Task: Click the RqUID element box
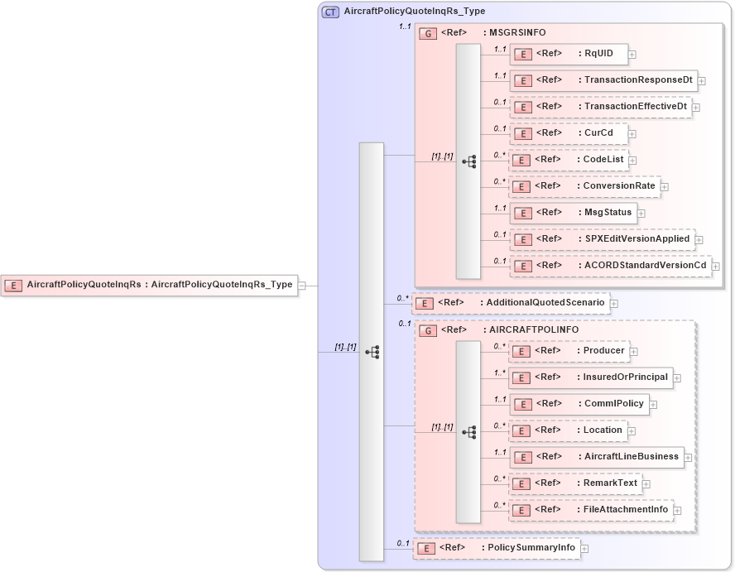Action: tap(568, 54)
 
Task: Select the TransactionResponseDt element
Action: tap(603, 80)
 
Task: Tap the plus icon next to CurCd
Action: tap(632, 133)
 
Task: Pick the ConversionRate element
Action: tap(584, 186)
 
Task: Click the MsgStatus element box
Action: tap(572, 213)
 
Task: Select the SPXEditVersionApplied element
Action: tap(601, 239)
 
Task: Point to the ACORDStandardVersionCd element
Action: tap(609, 266)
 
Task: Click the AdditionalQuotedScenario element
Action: tap(510, 303)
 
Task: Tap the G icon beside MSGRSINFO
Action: tap(428, 33)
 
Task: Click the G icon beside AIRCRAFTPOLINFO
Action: tap(428, 330)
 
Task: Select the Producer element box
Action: tap(568, 351)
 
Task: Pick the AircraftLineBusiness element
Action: tap(594, 457)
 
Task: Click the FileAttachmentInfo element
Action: tap(589, 510)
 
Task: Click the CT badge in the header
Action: tap(330, 12)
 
